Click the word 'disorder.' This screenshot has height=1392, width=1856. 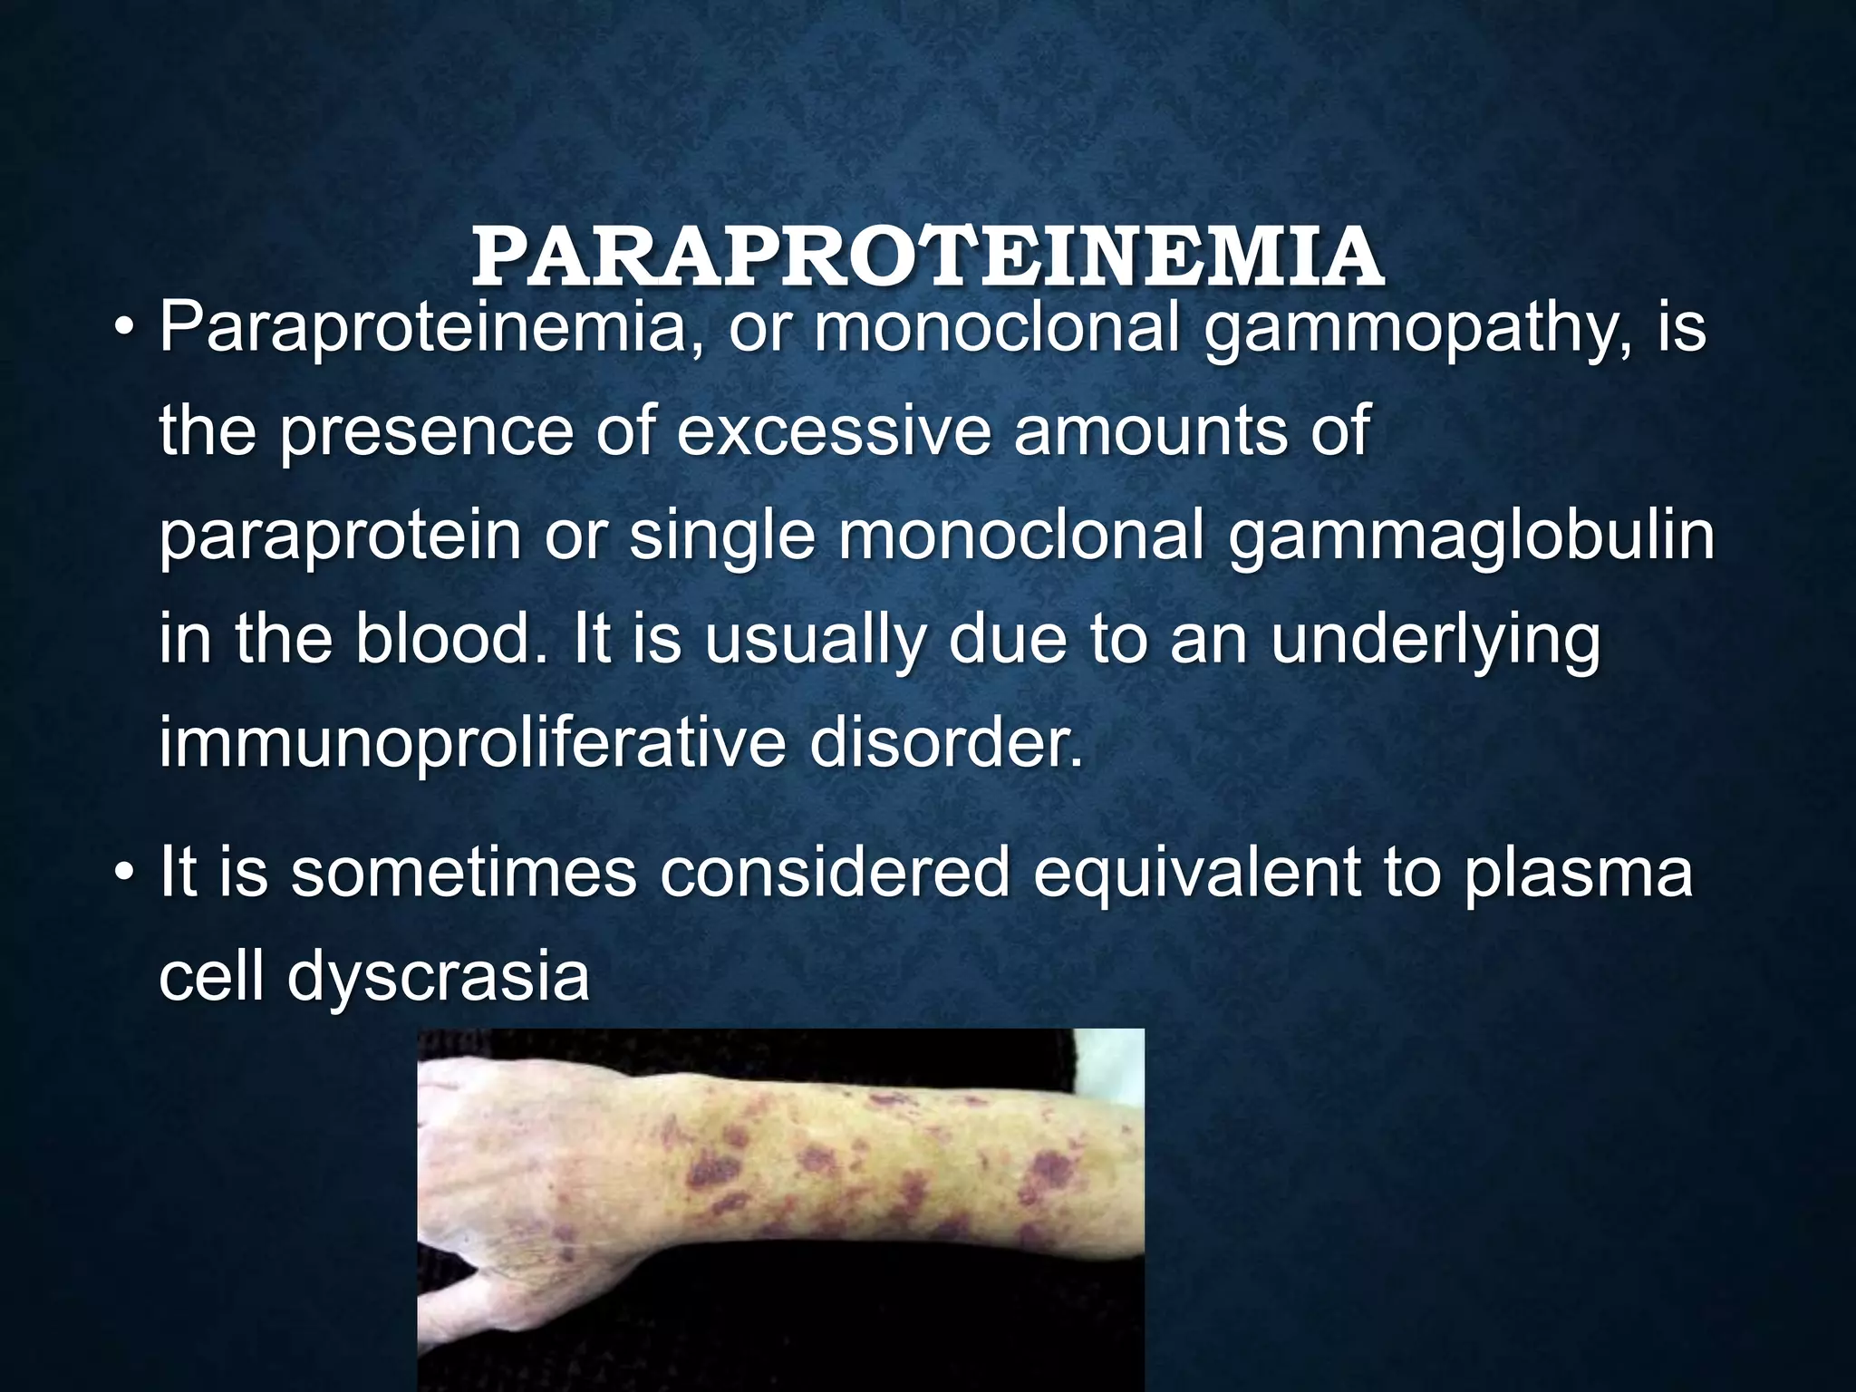coord(946,741)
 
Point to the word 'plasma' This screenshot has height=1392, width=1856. coord(1578,874)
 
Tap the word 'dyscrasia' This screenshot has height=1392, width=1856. coord(439,979)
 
